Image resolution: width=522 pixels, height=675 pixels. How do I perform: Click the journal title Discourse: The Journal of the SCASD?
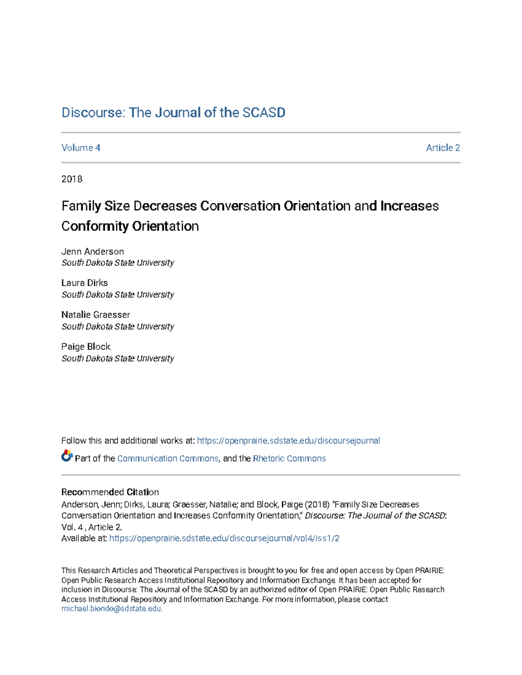coord(173,113)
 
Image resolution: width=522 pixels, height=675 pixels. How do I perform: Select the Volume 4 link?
coord(81,148)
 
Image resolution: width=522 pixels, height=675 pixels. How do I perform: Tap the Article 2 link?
coord(443,148)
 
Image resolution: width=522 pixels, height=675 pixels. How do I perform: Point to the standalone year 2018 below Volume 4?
coord(72,179)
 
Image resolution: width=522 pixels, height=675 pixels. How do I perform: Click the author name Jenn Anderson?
coord(93,252)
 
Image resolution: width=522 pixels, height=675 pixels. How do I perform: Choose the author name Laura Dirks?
coord(84,283)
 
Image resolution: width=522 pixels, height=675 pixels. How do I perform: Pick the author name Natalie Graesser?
coord(96,315)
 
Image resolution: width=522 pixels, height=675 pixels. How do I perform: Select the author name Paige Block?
coord(86,347)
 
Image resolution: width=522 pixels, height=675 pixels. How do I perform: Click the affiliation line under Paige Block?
coord(117,359)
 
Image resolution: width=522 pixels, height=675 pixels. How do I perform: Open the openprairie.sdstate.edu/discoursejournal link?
coord(288,441)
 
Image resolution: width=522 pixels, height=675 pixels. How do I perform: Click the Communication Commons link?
coord(167,459)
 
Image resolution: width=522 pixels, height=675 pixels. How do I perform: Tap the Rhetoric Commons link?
coord(289,459)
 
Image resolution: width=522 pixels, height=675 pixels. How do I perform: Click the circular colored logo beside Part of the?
coord(67,456)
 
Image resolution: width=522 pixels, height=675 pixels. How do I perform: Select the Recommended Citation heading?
coord(110,492)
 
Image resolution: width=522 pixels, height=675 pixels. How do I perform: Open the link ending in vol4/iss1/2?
coord(224,539)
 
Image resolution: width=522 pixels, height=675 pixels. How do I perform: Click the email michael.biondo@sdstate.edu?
coord(111,609)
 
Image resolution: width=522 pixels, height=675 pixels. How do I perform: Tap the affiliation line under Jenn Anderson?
coord(117,263)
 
